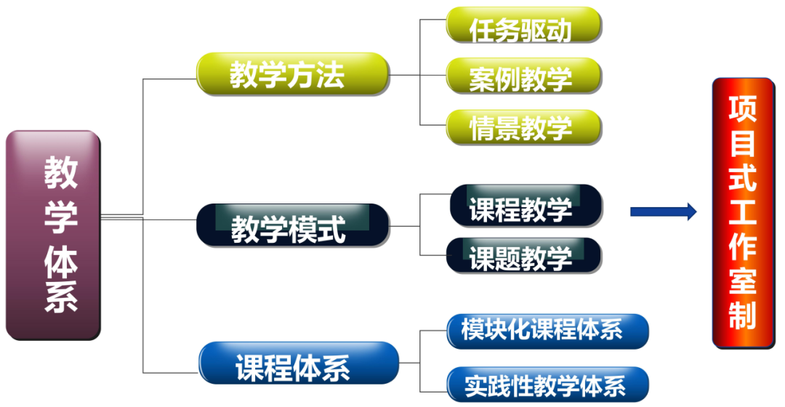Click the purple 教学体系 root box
(x=53, y=235)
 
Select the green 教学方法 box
(x=293, y=74)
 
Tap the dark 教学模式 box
(x=293, y=225)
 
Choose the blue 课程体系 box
(x=299, y=363)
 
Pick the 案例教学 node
(x=523, y=76)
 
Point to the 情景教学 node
(x=523, y=128)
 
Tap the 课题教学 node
(x=524, y=255)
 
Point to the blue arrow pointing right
(x=662, y=211)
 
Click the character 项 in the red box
(x=743, y=109)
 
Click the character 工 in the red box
(x=743, y=212)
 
